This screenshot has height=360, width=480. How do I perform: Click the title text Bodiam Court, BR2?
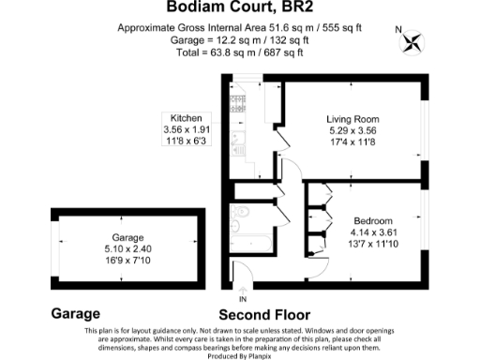pos(239,8)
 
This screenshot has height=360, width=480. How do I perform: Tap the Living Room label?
pos(352,119)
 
